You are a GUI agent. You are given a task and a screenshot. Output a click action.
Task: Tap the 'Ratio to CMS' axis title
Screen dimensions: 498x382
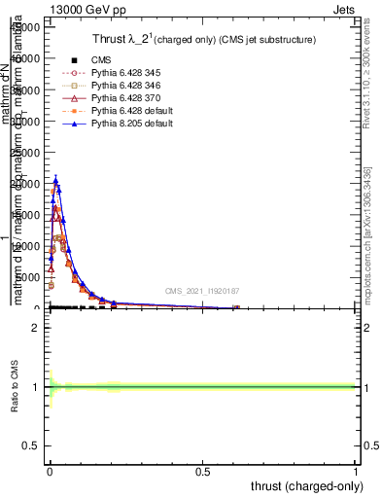[x=16, y=389]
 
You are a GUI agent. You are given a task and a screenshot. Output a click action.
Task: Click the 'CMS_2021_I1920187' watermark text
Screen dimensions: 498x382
[x=201, y=291]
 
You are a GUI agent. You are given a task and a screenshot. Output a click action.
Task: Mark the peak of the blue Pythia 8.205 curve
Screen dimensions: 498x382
[x=56, y=180]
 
